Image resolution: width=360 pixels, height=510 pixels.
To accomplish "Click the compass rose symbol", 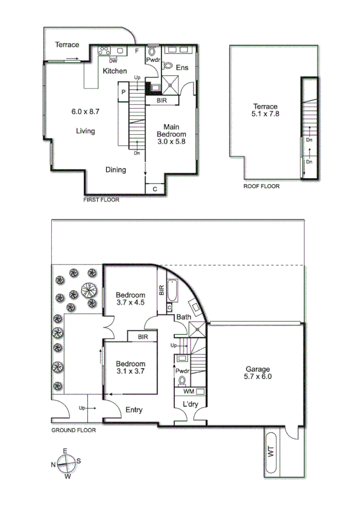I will point(66,463).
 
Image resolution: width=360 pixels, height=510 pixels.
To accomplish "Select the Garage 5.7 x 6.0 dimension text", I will point(257,377).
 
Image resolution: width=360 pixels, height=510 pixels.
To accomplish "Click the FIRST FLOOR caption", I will point(101,200).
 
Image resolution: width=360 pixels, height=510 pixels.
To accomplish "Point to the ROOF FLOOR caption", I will point(261,186).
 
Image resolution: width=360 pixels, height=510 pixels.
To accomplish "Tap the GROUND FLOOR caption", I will point(73,430).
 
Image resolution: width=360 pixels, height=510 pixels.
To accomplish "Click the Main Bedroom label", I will point(172,135).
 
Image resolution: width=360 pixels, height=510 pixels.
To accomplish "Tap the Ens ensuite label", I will point(182,68).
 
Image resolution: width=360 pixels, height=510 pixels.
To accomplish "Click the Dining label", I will point(115,170).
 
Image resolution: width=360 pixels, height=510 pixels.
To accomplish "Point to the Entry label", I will point(133,410).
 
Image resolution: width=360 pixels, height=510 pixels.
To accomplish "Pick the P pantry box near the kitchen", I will point(123,92).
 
